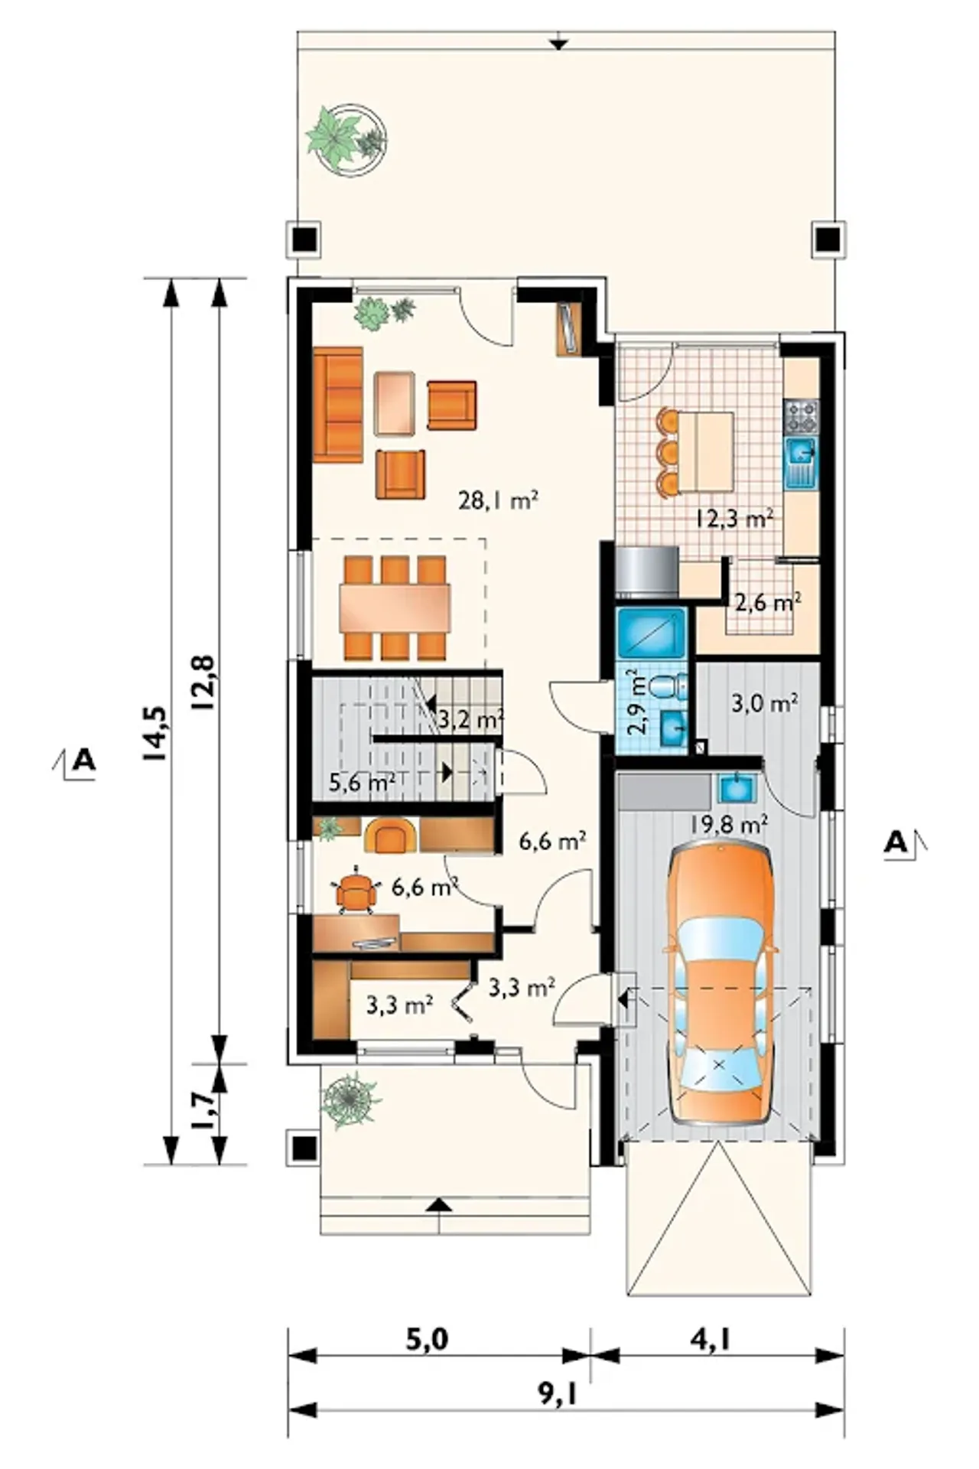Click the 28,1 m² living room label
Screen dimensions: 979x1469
coord(499,500)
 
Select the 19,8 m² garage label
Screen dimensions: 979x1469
coord(729,824)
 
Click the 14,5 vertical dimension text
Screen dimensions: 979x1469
coord(154,733)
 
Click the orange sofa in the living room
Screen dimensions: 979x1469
coord(337,405)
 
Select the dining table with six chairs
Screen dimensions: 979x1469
coord(395,607)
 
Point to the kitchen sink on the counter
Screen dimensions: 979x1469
coord(801,463)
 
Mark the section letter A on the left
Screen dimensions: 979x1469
coord(83,761)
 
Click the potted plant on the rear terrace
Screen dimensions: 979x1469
coord(346,135)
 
